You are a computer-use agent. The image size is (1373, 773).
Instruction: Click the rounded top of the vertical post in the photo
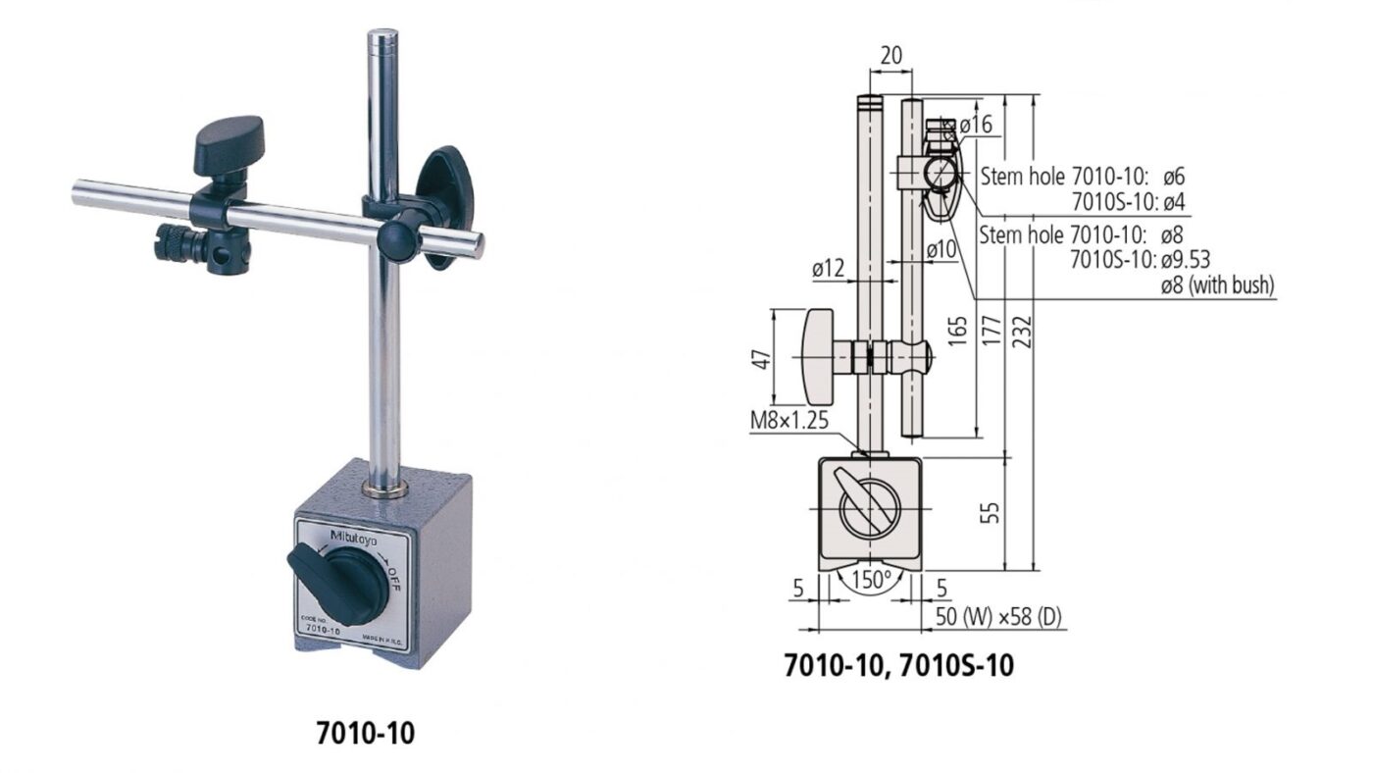(x=382, y=39)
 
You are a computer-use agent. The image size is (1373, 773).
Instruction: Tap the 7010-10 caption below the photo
(x=365, y=733)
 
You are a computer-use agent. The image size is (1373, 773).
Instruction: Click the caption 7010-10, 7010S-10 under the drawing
(x=898, y=666)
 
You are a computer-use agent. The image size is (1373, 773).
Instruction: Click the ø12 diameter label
(x=830, y=268)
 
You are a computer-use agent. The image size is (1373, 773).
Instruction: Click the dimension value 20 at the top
(x=890, y=56)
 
